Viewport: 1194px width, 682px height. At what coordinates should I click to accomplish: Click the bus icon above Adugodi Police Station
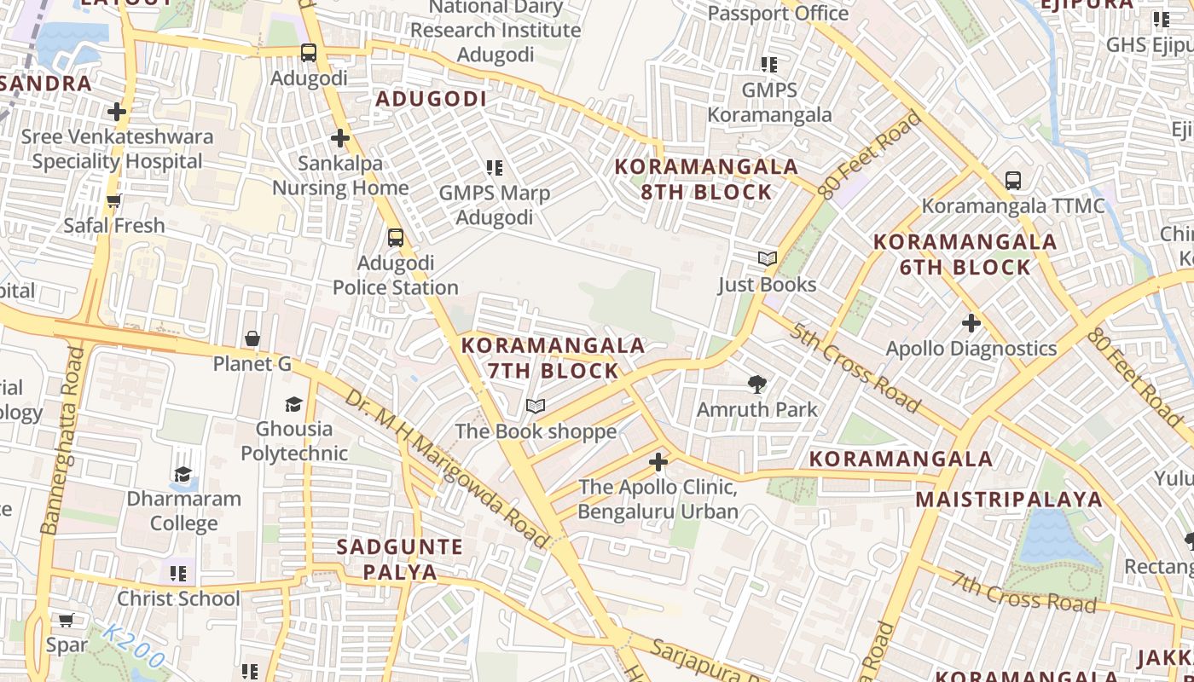click(395, 237)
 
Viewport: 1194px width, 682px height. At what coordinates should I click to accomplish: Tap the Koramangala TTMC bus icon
click(1012, 181)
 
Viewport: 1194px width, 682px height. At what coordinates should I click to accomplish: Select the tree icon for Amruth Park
click(756, 384)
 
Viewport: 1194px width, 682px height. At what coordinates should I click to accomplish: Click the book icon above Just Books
click(767, 258)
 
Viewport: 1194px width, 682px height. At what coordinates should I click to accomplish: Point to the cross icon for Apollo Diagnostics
click(971, 323)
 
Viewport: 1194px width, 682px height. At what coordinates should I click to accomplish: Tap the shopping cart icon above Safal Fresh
click(113, 200)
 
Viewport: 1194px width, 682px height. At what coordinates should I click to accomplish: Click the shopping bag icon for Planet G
click(252, 339)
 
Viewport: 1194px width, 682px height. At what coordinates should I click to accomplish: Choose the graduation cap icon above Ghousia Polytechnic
click(293, 404)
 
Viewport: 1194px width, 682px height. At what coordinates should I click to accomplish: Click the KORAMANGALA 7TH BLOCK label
click(553, 358)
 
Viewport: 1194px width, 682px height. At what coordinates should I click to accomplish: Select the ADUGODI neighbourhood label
click(431, 99)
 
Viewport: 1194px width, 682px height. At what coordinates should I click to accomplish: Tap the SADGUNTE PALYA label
click(399, 558)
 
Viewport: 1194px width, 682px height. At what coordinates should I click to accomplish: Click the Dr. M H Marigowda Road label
click(447, 468)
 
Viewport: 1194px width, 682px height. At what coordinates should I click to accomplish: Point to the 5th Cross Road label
click(854, 367)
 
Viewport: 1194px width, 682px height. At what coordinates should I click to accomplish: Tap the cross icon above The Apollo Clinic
click(658, 463)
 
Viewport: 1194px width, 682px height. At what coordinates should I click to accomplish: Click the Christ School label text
click(178, 598)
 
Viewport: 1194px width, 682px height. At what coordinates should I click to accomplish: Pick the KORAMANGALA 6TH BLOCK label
click(965, 254)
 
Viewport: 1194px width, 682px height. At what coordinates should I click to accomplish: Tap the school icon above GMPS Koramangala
click(768, 64)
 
